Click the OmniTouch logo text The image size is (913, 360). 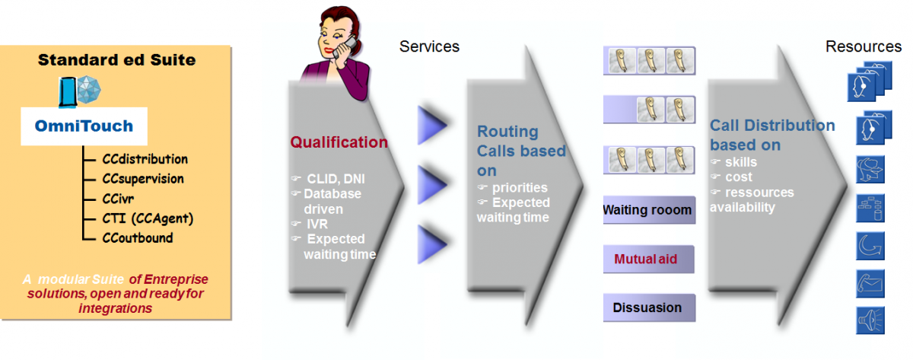(84, 126)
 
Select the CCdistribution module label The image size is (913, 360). (145, 159)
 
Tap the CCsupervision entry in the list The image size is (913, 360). (143, 179)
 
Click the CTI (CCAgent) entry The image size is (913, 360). (148, 218)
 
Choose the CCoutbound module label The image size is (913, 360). (138, 238)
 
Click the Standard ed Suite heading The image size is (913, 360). (116, 59)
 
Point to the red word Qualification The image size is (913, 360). (339, 142)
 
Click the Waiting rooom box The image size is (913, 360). (648, 210)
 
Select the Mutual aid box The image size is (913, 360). (648, 259)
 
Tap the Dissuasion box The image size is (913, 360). (648, 307)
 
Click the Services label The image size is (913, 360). (429, 46)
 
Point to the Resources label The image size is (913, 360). (863, 46)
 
